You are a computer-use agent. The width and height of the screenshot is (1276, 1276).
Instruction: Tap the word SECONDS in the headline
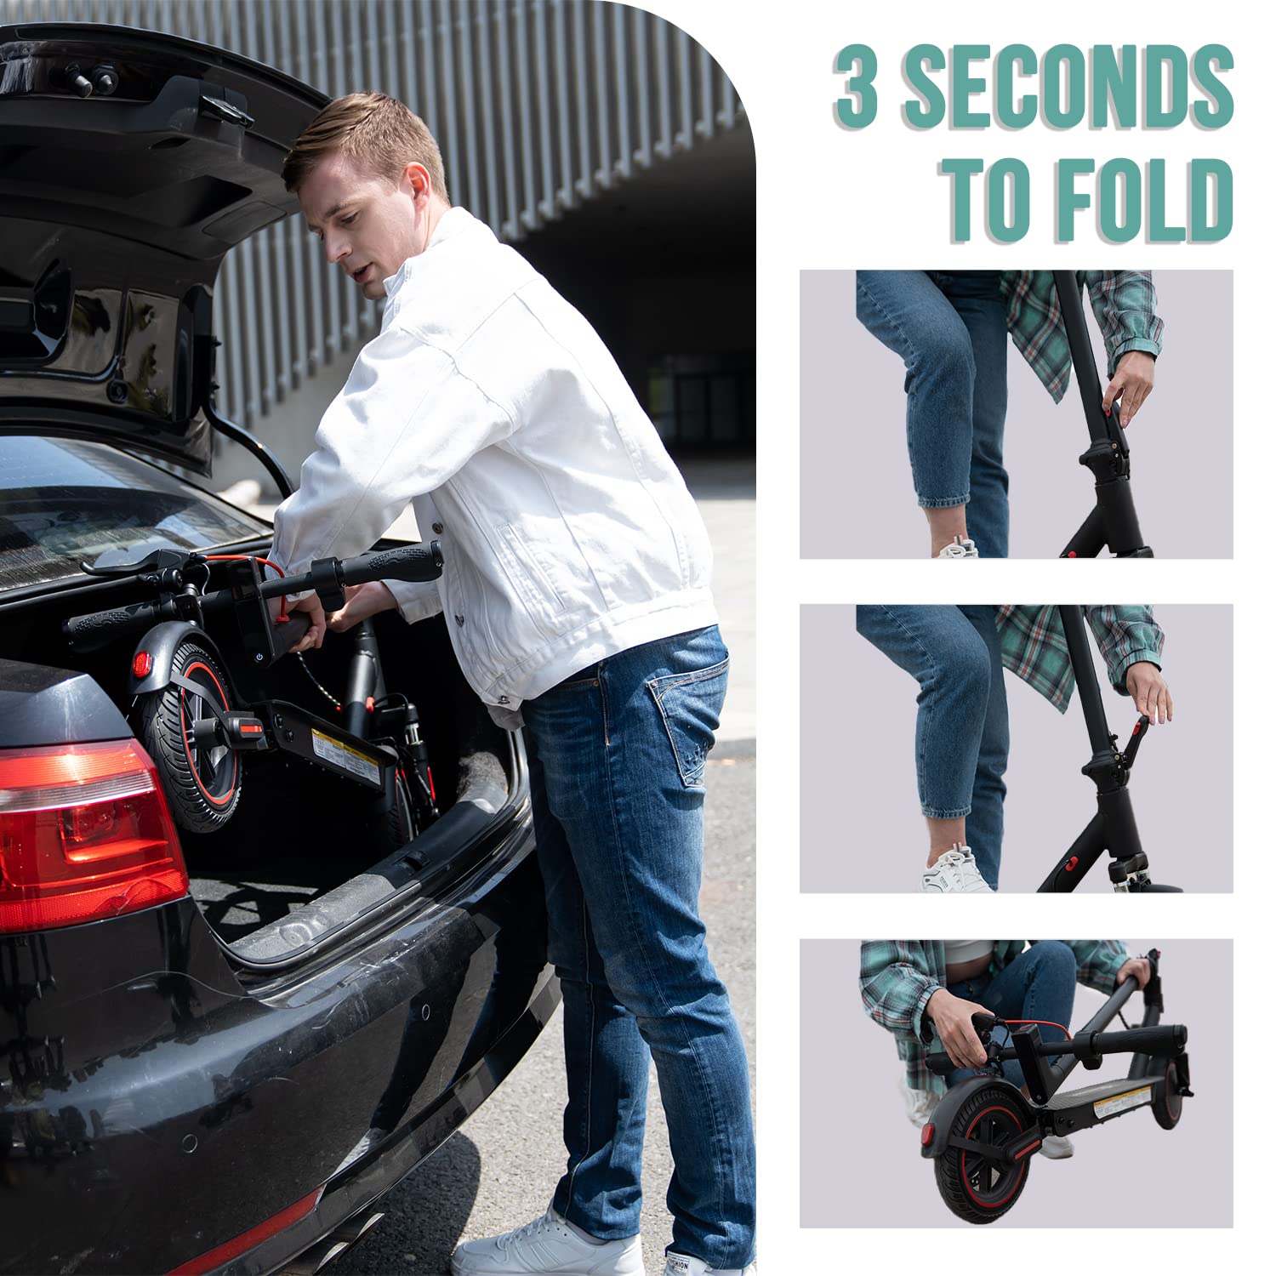tap(1068, 84)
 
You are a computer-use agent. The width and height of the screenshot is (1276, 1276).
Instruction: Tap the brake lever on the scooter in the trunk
tap(128, 567)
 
